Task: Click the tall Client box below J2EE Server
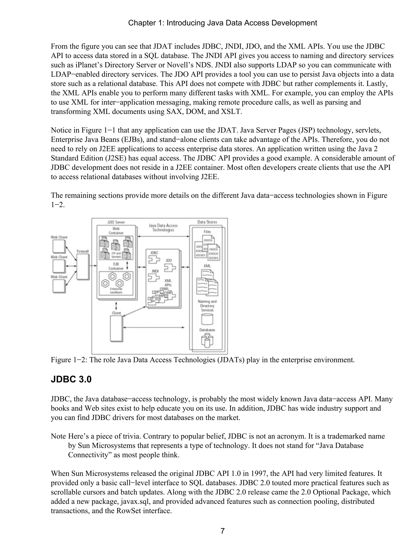pyautogui.click(x=116, y=329)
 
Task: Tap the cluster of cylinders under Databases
pyautogui.click(x=207, y=340)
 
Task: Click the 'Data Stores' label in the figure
pyautogui.click(x=207, y=222)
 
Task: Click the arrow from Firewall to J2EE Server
pyautogui.click(x=93, y=266)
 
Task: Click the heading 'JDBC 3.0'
pyautogui.click(x=71, y=379)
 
